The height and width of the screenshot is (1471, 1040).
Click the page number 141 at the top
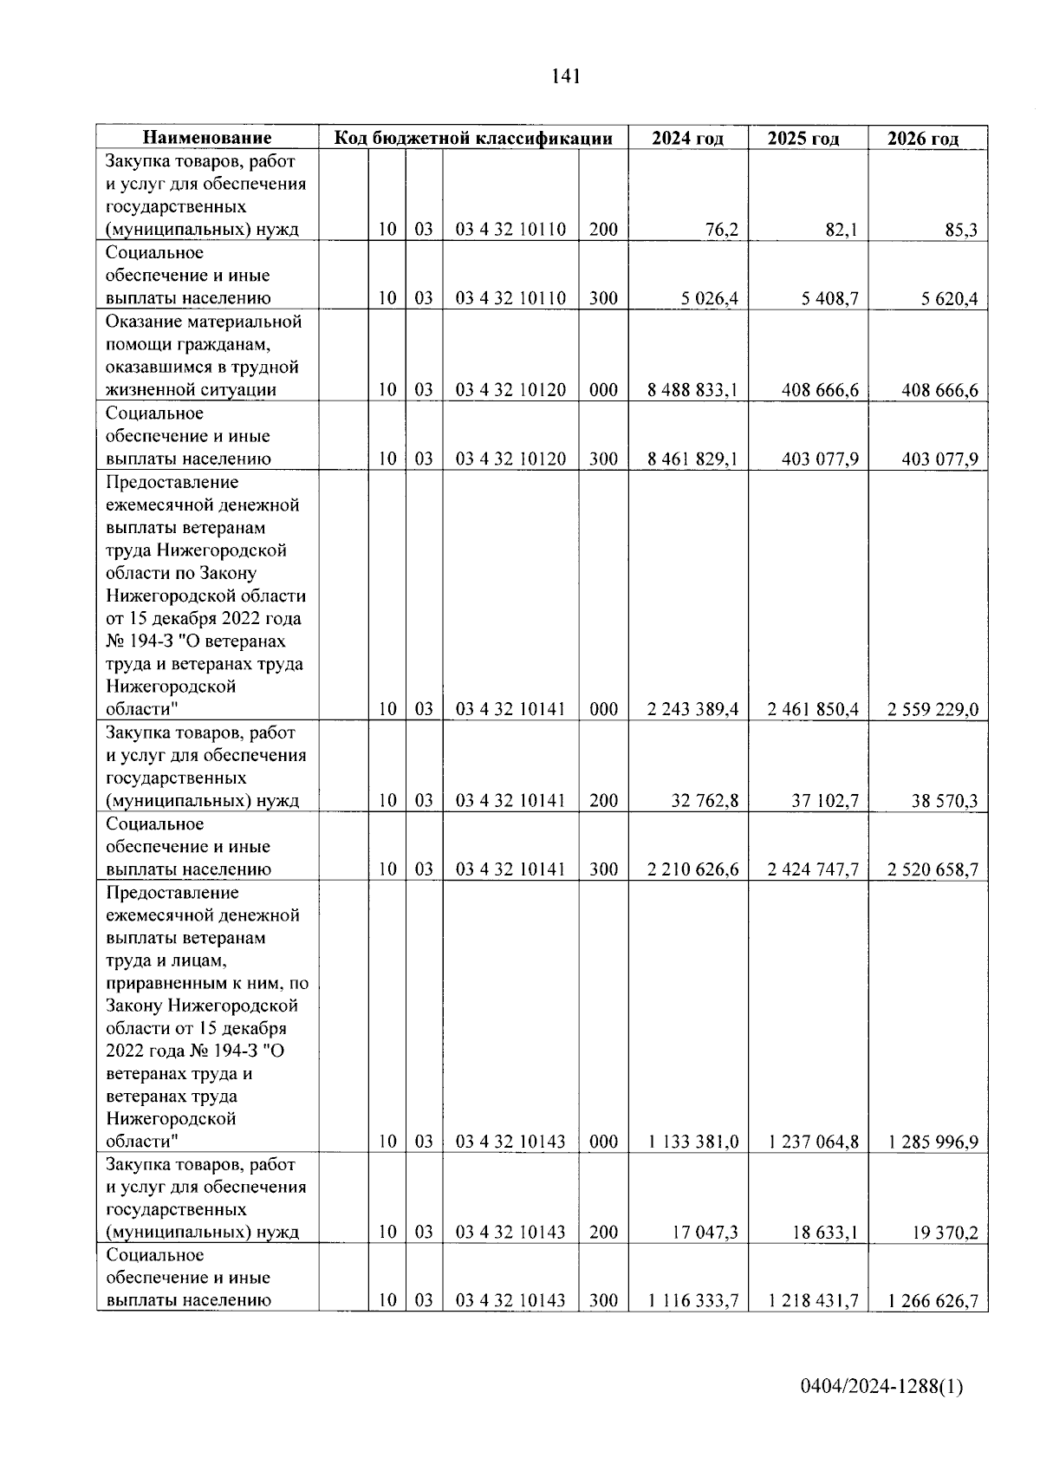tap(564, 76)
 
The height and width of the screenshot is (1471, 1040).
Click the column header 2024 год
tap(687, 138)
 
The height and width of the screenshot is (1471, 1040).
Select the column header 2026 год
tap(924, 139)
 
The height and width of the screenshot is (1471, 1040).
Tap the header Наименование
tap(207, 138)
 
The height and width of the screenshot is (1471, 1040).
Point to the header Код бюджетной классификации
tap(473, 138)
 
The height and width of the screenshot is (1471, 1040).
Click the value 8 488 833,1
tap(692, 390)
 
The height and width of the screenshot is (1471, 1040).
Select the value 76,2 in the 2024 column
tap(722, 230)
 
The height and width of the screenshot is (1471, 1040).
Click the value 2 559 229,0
tap(933, 709)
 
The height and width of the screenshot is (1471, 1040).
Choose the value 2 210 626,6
tap(692, 869)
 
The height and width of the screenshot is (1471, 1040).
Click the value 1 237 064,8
tap(813, 1142)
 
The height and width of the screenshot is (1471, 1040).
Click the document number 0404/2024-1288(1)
tap(881, 1387)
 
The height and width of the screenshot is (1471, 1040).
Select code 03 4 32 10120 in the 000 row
tap(510, 390)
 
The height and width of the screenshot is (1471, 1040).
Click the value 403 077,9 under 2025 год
tap(820, 459)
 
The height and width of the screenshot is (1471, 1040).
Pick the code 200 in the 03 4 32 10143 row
tap(603, 1233)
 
